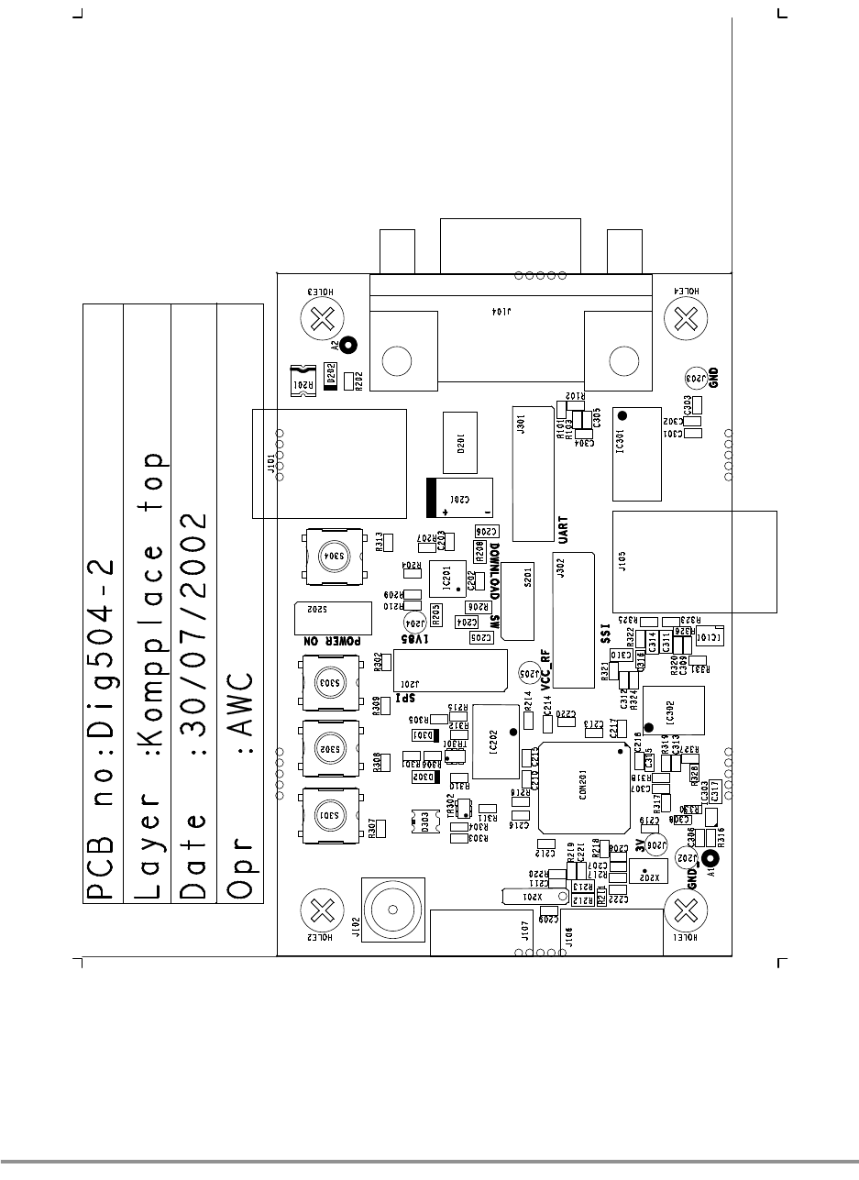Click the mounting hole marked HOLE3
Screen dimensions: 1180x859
coord(321,320)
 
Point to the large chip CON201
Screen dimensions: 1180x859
coord(583,788)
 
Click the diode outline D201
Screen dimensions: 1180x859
coord(461,445)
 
